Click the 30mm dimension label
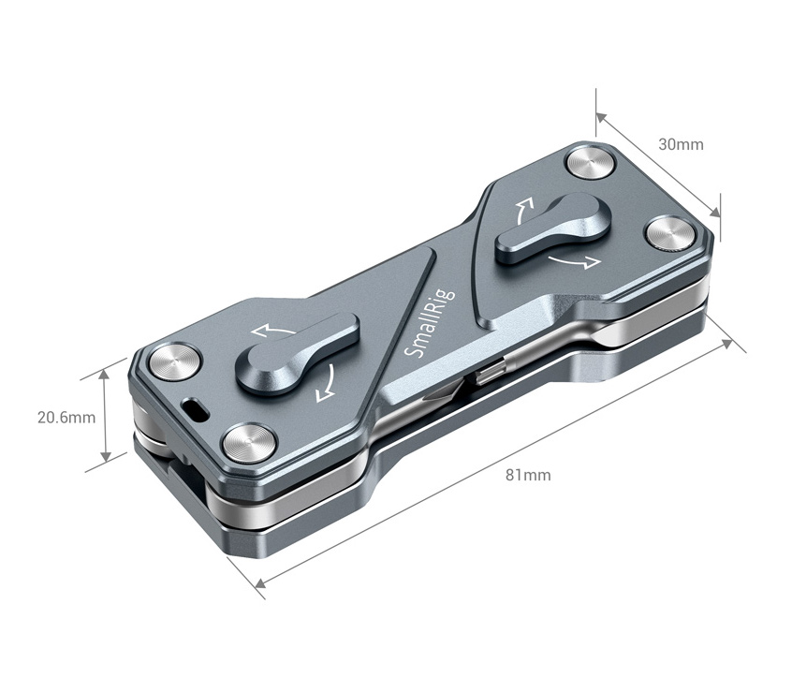click(681, 144)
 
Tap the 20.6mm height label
click(66, 418)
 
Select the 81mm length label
click(528, 475)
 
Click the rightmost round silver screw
click(669, 234)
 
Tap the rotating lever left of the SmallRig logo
click(296, 347)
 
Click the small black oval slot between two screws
click(198, 409)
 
